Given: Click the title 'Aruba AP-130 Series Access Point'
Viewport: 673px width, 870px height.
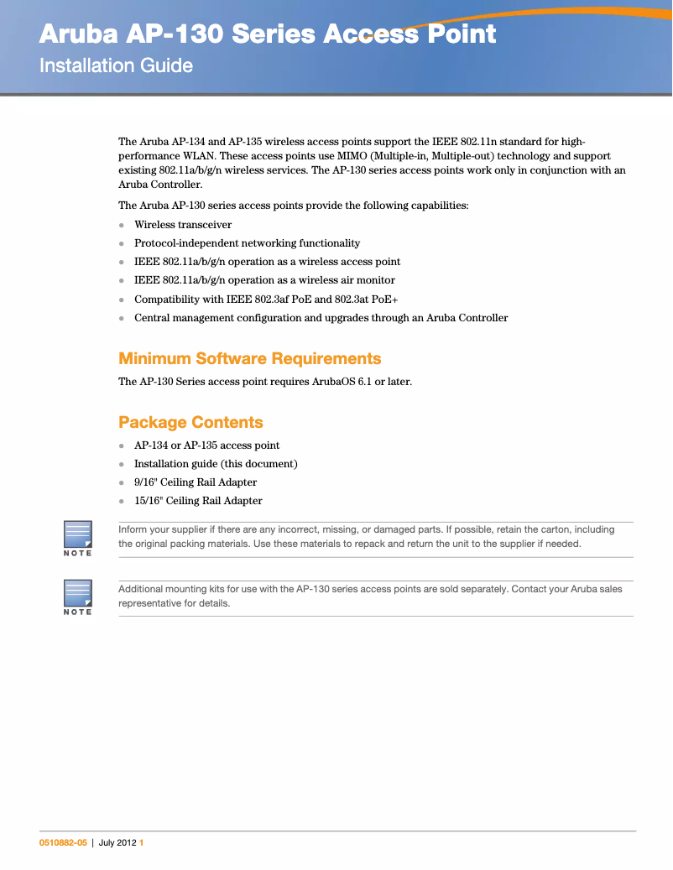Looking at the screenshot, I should coord(268,34).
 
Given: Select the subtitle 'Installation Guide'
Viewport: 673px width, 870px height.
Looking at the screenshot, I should coord(117,65).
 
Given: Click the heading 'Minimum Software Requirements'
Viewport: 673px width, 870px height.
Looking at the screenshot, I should coord(249,358).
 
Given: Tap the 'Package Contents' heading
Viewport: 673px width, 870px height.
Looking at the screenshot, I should coord(190,422).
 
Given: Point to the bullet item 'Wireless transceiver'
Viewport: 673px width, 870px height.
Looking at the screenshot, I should coord(183,225).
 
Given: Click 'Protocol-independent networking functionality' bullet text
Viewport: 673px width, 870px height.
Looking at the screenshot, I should coord(247,243).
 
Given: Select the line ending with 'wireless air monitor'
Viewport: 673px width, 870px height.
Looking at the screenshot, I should coord(264,280).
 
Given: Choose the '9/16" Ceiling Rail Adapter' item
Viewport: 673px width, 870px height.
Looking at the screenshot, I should coord(196,482).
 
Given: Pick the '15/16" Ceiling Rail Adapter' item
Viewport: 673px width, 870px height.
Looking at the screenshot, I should coord(198,501).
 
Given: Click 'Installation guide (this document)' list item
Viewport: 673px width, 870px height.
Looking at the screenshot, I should coord(216,464).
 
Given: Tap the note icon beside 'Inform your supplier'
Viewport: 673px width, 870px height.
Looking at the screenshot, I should coord(78,538).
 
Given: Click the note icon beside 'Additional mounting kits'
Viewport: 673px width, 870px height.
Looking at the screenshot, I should coord(78,596).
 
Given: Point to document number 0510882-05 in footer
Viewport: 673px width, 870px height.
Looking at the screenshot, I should coord(63,843).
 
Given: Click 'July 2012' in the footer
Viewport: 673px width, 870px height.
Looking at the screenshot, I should coord(117,843).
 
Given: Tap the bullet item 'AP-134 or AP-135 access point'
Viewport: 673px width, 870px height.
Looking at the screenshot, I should coord(206,445).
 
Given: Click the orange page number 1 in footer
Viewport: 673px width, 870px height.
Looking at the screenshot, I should coord(142,843).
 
